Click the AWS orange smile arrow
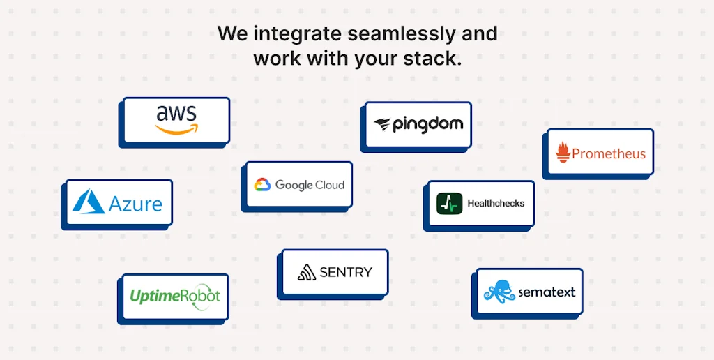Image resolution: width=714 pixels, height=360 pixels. (x=176, y=130)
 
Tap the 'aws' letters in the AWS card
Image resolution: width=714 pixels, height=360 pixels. (x=176, y=114)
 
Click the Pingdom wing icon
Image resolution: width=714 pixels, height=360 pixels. (x=383, y=125)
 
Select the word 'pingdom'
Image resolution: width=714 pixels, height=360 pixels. (x=427, y=125)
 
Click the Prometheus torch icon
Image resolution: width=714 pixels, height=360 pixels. (x=563, y=153)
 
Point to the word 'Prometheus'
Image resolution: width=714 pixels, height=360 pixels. (x=609, y=153)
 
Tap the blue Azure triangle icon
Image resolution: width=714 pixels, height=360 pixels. (x=89, y=202)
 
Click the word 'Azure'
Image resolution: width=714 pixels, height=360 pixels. (x=135, y=204)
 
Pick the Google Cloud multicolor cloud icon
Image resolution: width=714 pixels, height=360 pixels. (x=262, y=185)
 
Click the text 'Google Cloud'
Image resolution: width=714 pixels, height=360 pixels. (x=310, y=186)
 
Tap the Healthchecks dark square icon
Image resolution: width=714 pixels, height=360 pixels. (x=449, y=204)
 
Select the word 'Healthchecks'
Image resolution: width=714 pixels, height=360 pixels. (x=496, y=204)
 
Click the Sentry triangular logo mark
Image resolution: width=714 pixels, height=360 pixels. (x=307, y=273)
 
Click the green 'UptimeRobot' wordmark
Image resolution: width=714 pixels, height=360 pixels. (x=175, y=296)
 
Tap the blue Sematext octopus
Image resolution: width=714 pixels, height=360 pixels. (x=499, y=292)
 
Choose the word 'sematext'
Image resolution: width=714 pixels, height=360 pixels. (x=547, y=292)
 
